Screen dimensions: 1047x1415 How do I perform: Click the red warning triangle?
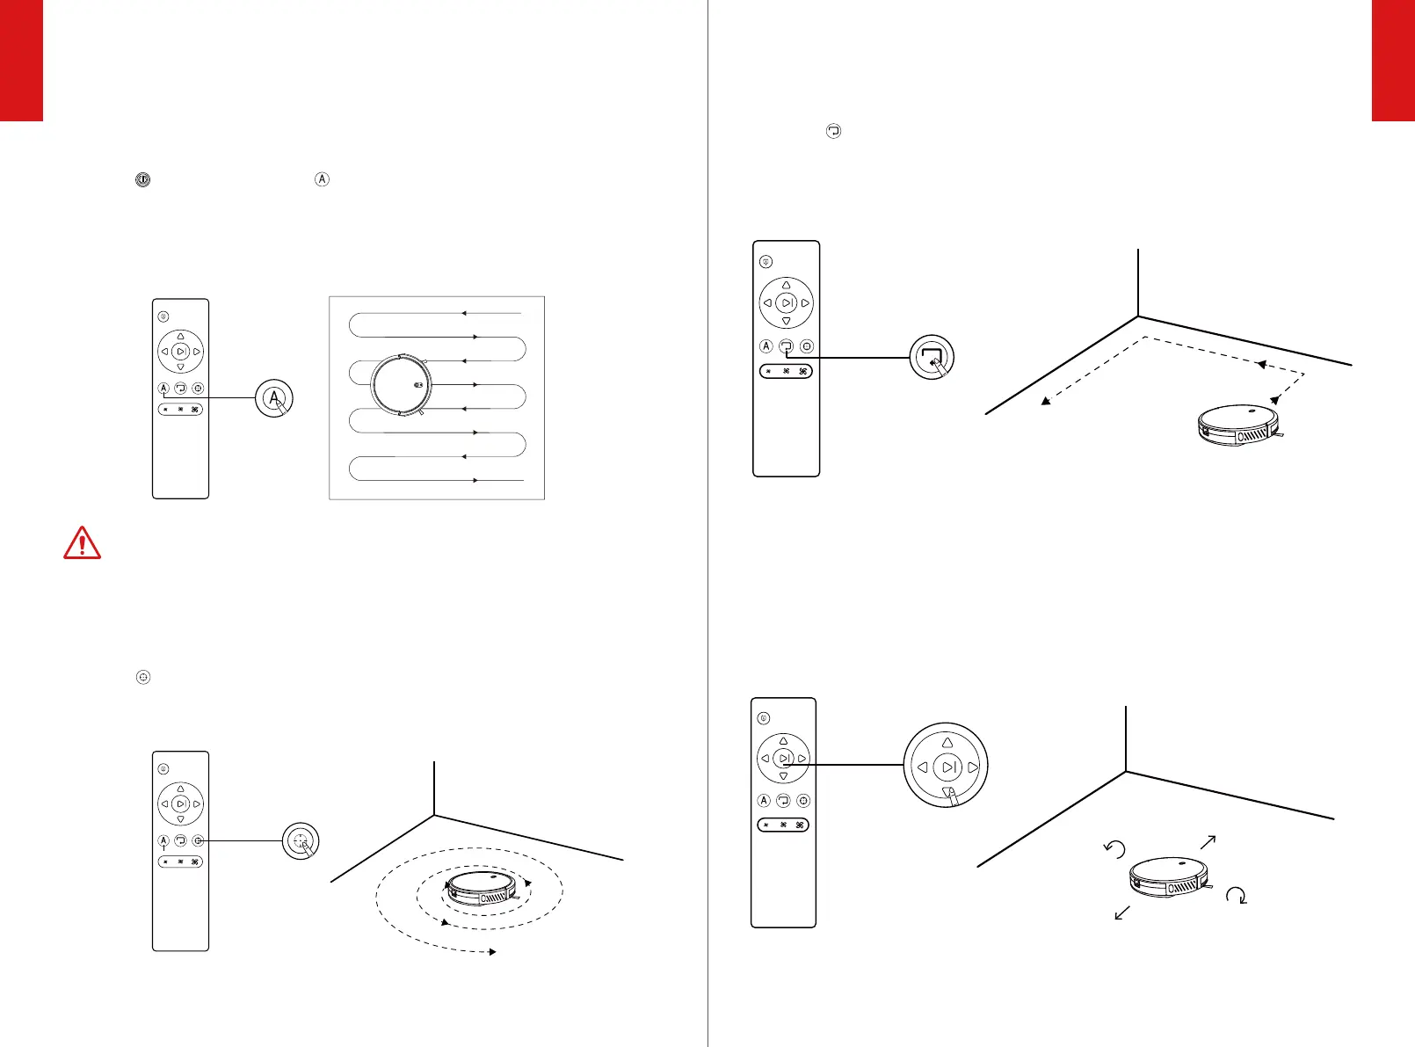[x=82, y=543]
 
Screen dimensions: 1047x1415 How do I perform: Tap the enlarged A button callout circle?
[x=274, y=398]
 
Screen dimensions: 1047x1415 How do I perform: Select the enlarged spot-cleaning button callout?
[x=301, y=841]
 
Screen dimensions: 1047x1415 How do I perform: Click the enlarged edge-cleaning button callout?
[x=931, y=357]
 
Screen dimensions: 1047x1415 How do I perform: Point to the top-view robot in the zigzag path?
[x=402, y=384]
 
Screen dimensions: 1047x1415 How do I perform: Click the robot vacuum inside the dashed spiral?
[x=483, y=890]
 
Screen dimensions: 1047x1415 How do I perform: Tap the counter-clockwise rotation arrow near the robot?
[x=1114, y=848]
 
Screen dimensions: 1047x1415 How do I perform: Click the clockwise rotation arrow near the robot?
[x=1237, y=896]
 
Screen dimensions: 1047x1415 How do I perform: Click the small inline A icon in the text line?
[x=322, y=179]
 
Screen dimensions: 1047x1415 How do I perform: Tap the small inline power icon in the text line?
[x=142, y=179]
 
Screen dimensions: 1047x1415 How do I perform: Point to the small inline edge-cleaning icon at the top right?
[x=833, y=131]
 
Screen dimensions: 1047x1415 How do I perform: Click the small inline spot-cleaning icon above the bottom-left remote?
[x=144, y=678]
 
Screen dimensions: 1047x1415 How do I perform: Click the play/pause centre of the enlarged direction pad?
[x=948, y=767]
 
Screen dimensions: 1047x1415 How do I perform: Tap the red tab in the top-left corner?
[x=21, y=60]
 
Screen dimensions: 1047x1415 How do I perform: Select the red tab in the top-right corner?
[x=1393, y=60]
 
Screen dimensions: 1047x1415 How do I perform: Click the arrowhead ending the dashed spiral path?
[x=493, y=952]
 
